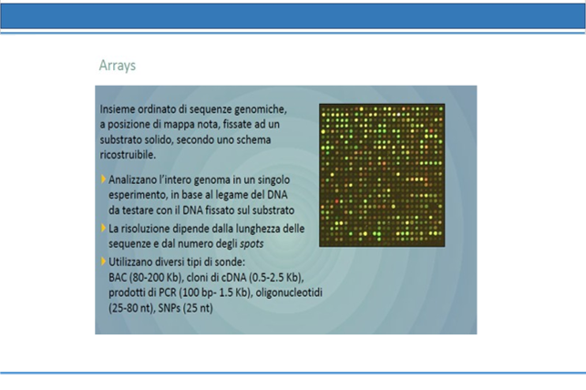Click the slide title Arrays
click(117, 66)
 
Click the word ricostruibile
click(128, 155)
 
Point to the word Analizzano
click(132, 180)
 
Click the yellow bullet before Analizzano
click(103, 180)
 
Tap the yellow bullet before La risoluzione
click(103, 228)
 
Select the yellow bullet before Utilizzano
click(103, 262)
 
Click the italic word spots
click(252, 244)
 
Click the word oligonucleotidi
click(289, 292)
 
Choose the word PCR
click(168, 292)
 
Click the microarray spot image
click(382, 175)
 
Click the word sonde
click(231, 262)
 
